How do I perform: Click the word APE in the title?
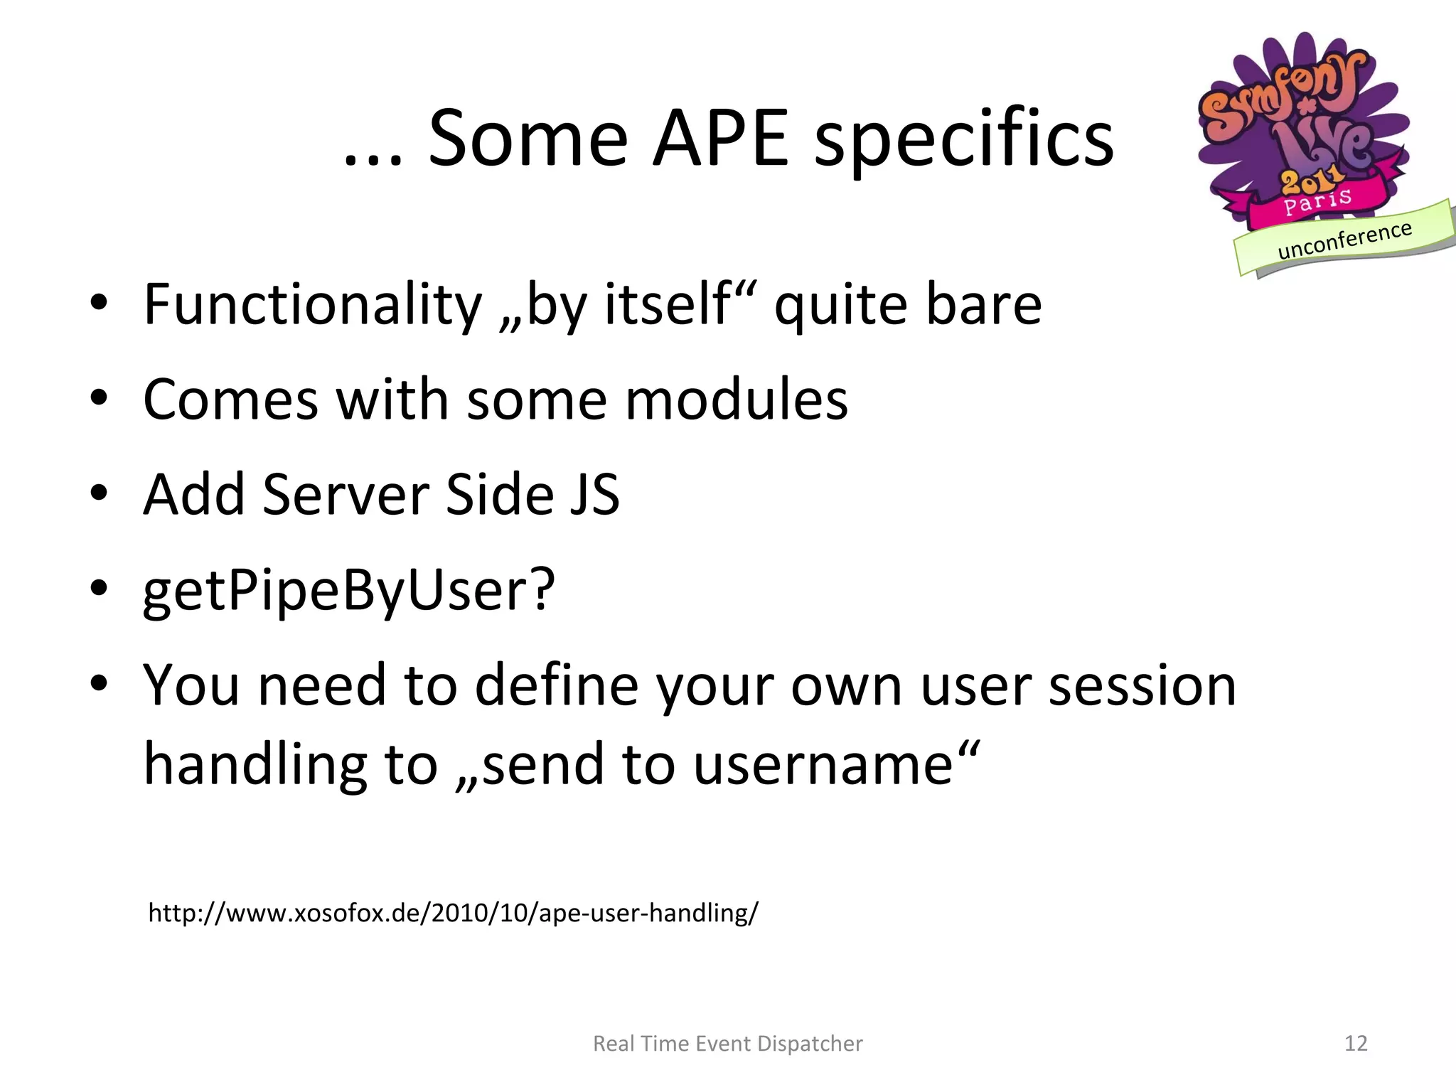click(x=720, y=139)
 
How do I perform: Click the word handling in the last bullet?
click(x=255, y=765)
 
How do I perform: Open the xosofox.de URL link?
click(x=453, y=912)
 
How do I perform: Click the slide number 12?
click(x=1356, y=1043)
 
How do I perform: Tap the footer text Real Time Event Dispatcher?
click(x=727, y=1043)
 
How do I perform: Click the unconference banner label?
click(x=1344, y=240)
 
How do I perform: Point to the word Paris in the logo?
click(x=1317, y=201)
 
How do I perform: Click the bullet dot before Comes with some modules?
click(x=99, y=399)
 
